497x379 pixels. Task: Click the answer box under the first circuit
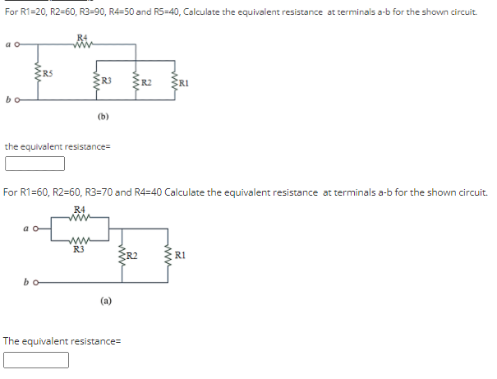coord(35,163)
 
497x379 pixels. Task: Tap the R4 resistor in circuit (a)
coord(79,218)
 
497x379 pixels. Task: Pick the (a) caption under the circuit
coord(107,301)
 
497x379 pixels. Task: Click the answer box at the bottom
coord(35,359)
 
